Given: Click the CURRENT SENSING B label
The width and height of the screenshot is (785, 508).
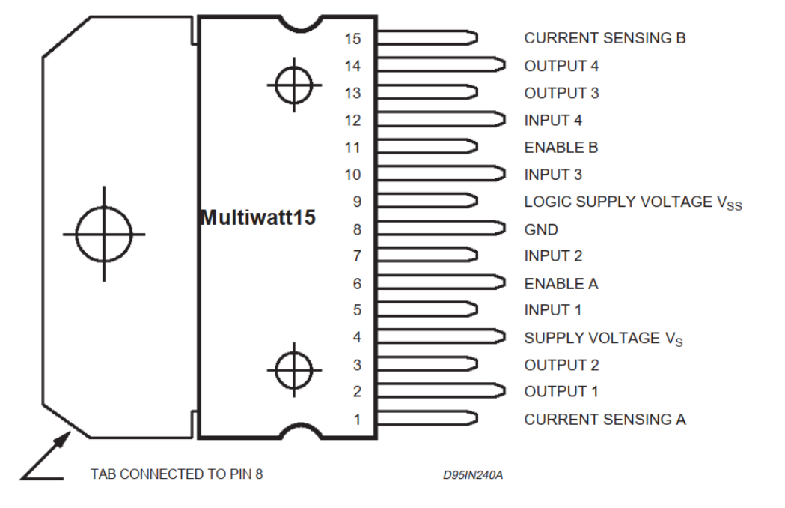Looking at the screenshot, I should coord(605,37).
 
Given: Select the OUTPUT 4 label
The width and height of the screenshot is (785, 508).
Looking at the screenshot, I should coord(561,66).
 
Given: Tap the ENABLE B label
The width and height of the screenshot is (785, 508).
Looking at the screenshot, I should coord(561,148).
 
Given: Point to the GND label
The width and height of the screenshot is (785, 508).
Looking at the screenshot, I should coord(541,230).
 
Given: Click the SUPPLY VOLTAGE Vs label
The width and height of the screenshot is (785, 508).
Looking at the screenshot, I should coord(603,339).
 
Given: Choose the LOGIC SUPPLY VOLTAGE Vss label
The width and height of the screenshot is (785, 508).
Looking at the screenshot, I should coord(632,202).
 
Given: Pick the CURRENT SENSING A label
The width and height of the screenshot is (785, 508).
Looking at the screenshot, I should coord(605,420).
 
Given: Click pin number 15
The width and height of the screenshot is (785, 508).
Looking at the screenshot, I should coord(353,38).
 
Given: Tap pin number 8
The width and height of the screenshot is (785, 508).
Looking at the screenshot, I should coord(357,230).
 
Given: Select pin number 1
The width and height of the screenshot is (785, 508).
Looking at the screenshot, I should coord(357,420).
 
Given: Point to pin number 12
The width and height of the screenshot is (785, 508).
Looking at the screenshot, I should coord(353,121).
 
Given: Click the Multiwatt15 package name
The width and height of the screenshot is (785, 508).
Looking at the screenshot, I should coord(258,218).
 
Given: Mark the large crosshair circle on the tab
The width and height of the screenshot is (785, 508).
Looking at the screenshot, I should coord(103,234).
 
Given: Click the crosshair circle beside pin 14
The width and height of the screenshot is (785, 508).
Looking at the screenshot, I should coord(294,85).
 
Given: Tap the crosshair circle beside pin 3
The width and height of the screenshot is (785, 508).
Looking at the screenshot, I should coord(294,369).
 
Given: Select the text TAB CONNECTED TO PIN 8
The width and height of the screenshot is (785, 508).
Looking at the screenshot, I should coord(177,474).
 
